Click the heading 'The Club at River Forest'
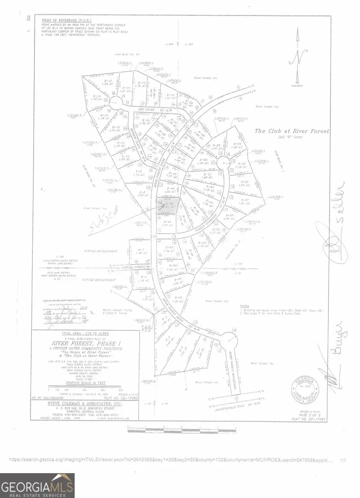[292, 131]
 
